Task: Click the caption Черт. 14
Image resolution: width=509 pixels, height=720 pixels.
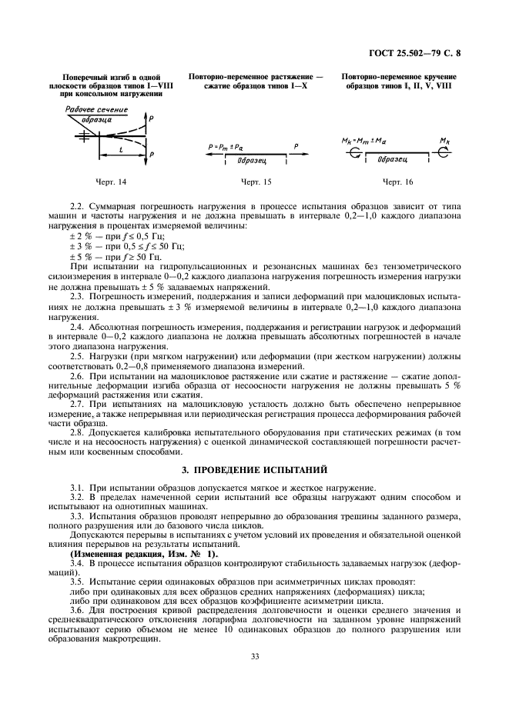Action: (111, 182)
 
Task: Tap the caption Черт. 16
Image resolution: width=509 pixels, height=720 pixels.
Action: (397, 182)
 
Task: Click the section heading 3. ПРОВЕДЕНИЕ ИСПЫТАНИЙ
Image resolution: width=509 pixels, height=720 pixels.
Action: (254, 468)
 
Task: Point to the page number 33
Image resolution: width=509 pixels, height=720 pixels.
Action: (254, 656)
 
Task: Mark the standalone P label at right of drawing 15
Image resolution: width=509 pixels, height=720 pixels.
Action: (296, 145)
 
